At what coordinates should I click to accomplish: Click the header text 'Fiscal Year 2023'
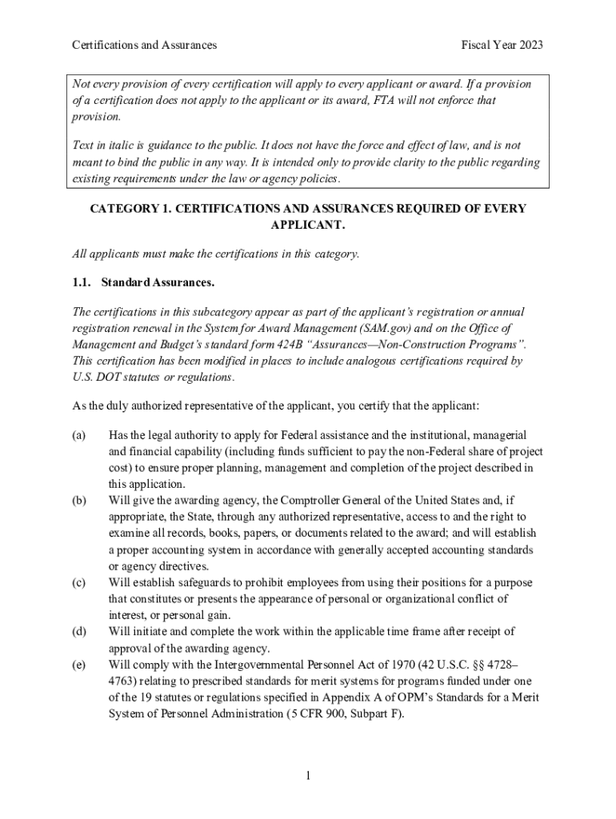coord(502,46)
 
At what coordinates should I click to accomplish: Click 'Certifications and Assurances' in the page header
coord(144,46)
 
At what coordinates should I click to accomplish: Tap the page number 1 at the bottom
coord(307,775)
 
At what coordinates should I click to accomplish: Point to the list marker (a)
coord(78,435)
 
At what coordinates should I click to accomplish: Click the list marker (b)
coord(78,500)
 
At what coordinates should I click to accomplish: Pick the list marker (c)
coord(78,582)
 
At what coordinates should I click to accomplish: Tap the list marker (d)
coord(78,631)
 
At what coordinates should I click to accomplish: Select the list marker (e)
coord(78,665)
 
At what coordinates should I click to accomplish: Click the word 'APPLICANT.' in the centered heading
coord(308,226)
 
